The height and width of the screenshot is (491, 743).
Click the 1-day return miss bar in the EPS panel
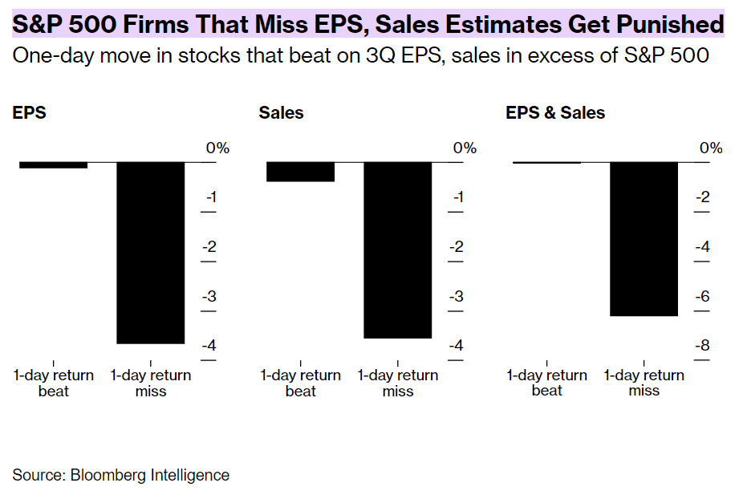click(151, 253)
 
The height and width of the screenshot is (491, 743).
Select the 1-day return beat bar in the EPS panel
click(53, 164)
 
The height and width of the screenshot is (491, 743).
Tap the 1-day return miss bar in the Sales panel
click(398, 250)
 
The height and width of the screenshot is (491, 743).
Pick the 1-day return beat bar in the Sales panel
click(300, 172)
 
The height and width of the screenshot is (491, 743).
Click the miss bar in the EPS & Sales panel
click(644, 238)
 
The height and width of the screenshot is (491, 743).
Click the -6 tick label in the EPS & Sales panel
click(703, 296)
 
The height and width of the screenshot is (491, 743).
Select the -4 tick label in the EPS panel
click(209, 346)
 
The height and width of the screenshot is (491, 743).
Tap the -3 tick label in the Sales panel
click(457, 296)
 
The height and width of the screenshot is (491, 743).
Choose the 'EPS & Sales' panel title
click(555, 113)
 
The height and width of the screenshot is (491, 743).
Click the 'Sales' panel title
click(281, 113)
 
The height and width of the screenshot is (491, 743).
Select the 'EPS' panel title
click(30, 113)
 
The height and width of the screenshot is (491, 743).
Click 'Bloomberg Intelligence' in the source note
click(150, 475)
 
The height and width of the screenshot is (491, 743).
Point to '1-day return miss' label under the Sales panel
click(398, 383)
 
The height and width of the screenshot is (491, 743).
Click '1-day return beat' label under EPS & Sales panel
click(547, 383)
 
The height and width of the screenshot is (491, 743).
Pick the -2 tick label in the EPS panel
click(209, 247)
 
